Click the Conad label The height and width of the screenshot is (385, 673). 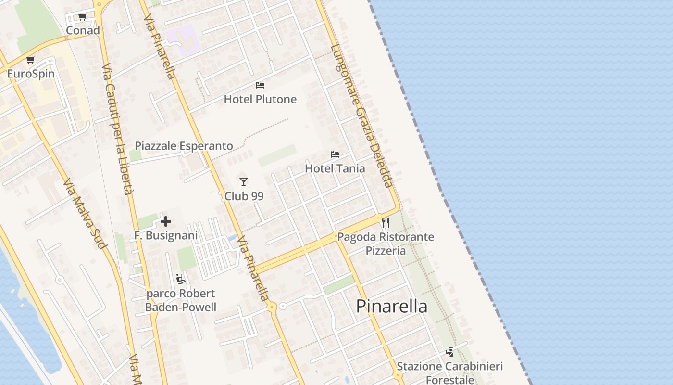pos(83,30)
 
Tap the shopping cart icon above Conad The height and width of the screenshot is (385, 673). pos(82,17)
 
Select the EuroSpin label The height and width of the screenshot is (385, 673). pos(31,74)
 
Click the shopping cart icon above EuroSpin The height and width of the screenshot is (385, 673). pos(31,60)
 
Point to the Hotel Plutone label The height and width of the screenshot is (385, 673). pos(260,99)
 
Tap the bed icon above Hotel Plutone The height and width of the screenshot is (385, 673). pos(260,85)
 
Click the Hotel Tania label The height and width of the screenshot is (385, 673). pos(335,168)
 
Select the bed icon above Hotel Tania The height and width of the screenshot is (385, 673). pos(335,154)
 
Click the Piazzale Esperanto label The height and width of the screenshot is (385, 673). pos(184,146)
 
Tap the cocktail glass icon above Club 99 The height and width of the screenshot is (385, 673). pos(244,182)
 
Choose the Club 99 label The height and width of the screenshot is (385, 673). pos(244,196)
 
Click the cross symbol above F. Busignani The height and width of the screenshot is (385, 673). pos(166,221)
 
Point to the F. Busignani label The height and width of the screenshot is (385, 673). pos(166,236)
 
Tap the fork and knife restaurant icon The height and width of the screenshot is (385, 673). pos(385,222)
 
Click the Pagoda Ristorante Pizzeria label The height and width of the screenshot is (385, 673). pos(386,244)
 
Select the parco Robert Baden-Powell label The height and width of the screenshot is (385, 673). pos(181,300)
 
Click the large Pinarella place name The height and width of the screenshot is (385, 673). pos(392,306)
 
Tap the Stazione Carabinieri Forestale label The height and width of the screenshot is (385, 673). pos(450,373)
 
